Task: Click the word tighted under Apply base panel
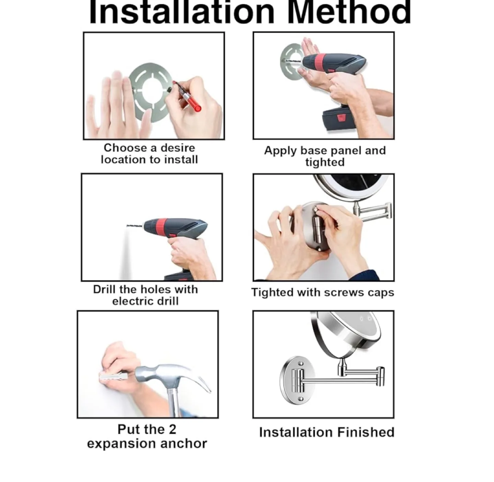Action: point(325,162)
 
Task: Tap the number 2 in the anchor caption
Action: point(172,429)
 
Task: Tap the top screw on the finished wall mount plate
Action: point(301,364)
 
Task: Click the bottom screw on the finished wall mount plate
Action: point(301,399)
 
